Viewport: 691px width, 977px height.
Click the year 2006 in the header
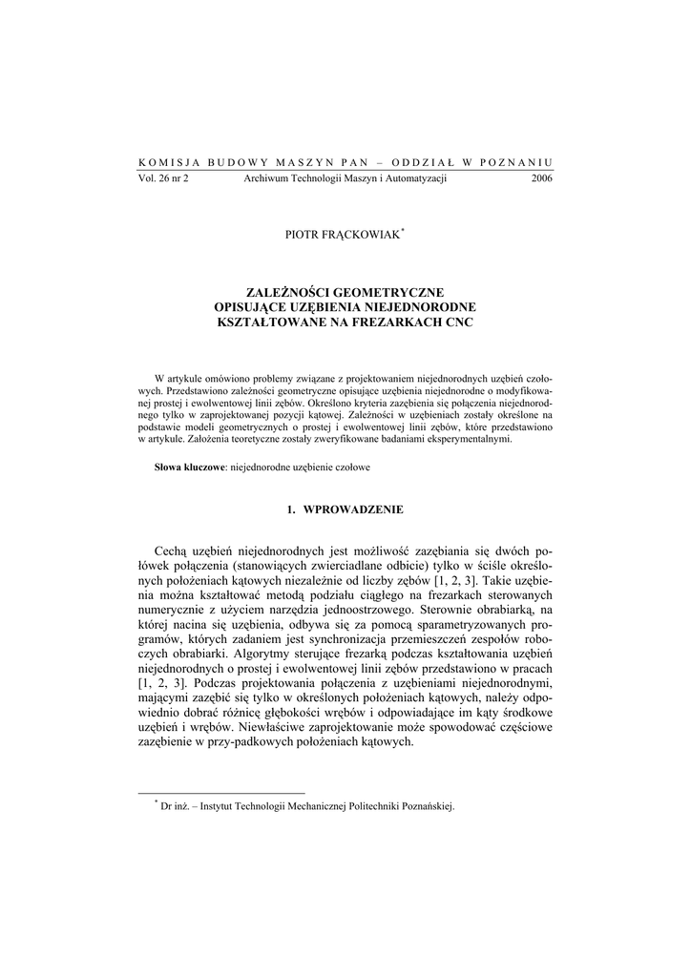coord(541,178)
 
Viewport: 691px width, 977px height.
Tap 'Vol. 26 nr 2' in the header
coord(164,178)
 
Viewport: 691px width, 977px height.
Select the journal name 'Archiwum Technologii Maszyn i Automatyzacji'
coord(345,178)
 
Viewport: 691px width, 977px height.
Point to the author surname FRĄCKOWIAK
coord(364,236)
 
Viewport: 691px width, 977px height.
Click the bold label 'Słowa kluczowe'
coord(189,468)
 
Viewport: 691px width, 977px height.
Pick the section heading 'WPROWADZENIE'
coord(353,509)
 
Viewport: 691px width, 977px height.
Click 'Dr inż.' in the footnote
coord(176,805)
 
